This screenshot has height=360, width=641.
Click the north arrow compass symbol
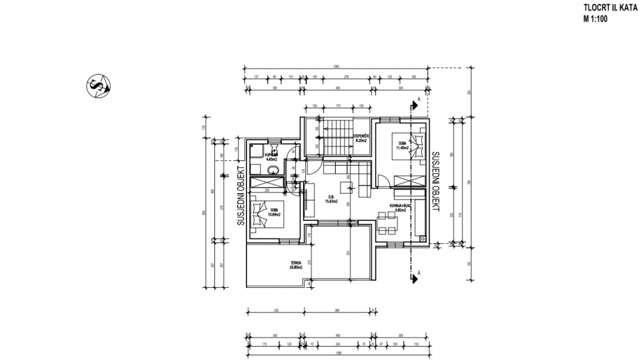point(99,86)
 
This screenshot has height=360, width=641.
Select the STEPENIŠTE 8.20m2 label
point(361,140)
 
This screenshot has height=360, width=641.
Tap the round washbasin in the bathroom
point(271,171)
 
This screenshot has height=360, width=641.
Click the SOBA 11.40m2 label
point(403,146)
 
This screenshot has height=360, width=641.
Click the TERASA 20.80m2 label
point(296,264)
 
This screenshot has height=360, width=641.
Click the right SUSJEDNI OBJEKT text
point(435,181)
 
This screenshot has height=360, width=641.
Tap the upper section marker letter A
point(419,100)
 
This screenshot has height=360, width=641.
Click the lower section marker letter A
point(419,273)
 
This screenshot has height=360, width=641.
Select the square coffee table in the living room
point(347,185)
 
